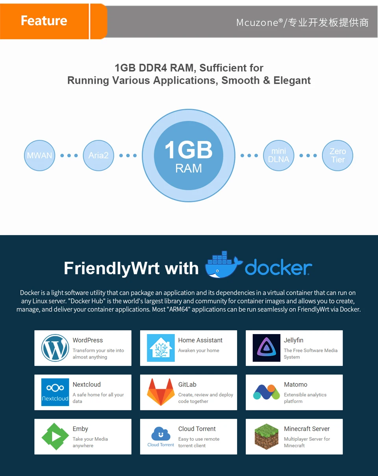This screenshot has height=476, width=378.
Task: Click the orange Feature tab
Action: pyautogui.click(x=44, y=21)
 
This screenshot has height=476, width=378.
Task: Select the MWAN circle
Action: pyautogui.click(x=39, y=155)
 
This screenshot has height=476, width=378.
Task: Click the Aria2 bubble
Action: pyautogui.click(x=98, y=155)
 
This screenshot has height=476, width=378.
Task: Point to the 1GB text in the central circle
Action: pyautogui.click(x=189, y=150)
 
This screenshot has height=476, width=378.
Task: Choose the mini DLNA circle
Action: pyautogui.click(x=279, y=155)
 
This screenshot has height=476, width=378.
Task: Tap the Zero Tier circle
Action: pyautogui.click(x=337, y=155)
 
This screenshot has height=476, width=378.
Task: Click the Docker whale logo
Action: pyautogui.click(x=223, y=265)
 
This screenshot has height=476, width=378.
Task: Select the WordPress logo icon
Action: pyautogui.click(x=55, y=348)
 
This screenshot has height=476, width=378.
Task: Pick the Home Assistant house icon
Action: pyautogui.click(x=161, y=348)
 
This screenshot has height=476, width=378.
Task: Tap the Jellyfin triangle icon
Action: pyautogui.click(x=267, y=348)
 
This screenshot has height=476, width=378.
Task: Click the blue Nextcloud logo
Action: pyautogui.click(x=55, y=392)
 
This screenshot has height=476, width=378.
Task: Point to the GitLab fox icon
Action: pyautogui.click(x=161, y=392)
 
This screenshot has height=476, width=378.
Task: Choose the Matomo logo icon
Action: pyautogui.click(x=267, y=392)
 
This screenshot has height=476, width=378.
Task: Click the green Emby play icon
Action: pyautogui.click(x=55, y=437)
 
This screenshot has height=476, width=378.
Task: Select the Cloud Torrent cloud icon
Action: pyautogui.click(x=161, y=434)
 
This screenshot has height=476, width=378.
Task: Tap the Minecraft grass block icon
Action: pyautogui.click(x=267, y=437)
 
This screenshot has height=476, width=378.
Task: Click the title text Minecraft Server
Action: pyautogui.click(x=307, y=429)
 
